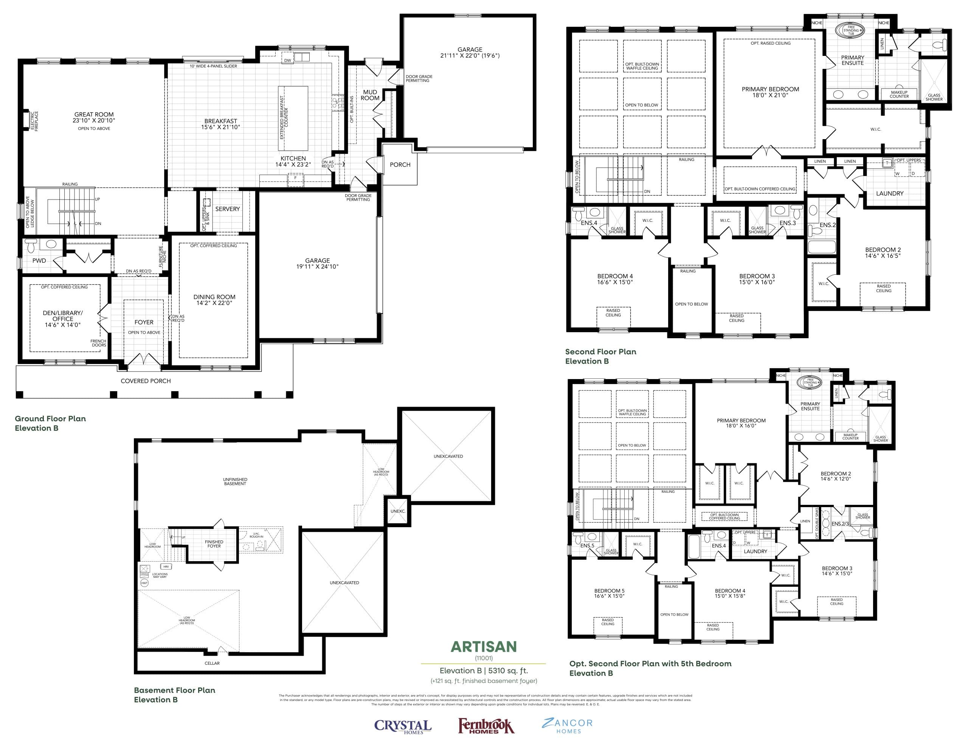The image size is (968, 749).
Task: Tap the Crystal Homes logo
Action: tap(402, 726)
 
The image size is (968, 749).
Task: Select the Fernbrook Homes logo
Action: tap(486, 726)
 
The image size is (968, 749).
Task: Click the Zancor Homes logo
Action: tap(567, 726)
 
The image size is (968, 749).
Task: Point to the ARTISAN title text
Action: tap(484, 647)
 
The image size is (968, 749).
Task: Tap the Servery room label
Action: tap(227, 209)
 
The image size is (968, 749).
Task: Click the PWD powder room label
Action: tap(39, 260)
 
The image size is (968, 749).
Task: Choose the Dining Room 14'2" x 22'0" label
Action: tap(214, 300)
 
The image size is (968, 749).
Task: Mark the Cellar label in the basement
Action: tap(212, 663)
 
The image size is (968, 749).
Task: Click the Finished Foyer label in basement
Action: tap(214, 544)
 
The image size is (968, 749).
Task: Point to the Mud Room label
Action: tap(370, 95)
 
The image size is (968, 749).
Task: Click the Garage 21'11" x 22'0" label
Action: tap(470, 53)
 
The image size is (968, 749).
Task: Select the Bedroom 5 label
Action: tap(609, 593)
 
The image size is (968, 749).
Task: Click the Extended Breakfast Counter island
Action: tap(293, 118)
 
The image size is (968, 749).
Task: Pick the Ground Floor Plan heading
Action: tap(50, 419)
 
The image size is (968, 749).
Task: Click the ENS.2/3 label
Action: tap(840, 523)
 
